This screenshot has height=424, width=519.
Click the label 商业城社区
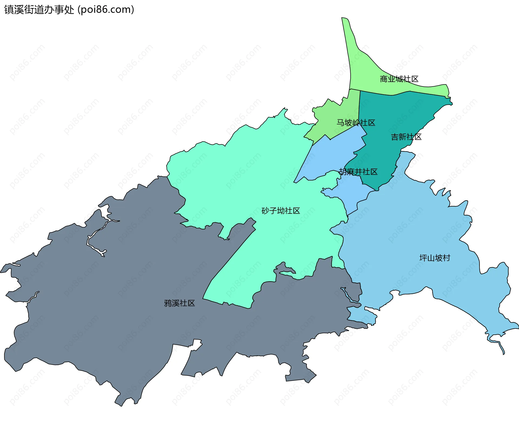(399, 79)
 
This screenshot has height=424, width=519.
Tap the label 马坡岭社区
(356, 123)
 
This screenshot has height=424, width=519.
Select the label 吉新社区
(406, 137)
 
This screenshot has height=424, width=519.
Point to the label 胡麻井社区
(358, 172)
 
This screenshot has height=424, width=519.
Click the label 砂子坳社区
(281, 211)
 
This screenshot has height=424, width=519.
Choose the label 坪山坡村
(435, 258)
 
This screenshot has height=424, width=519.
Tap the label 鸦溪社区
(179, 303)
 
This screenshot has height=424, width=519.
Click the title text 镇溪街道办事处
(39, 10)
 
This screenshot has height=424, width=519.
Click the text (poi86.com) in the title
(106, 10)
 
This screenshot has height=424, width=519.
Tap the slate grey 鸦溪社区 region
(108, 311)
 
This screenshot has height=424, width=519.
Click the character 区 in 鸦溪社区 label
(191, 303)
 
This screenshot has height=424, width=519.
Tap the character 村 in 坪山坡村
(446, 258)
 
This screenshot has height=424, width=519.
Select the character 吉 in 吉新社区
(395, 137)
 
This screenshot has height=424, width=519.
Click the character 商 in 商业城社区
(384, 79)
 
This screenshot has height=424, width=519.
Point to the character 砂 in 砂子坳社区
(265, 211)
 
